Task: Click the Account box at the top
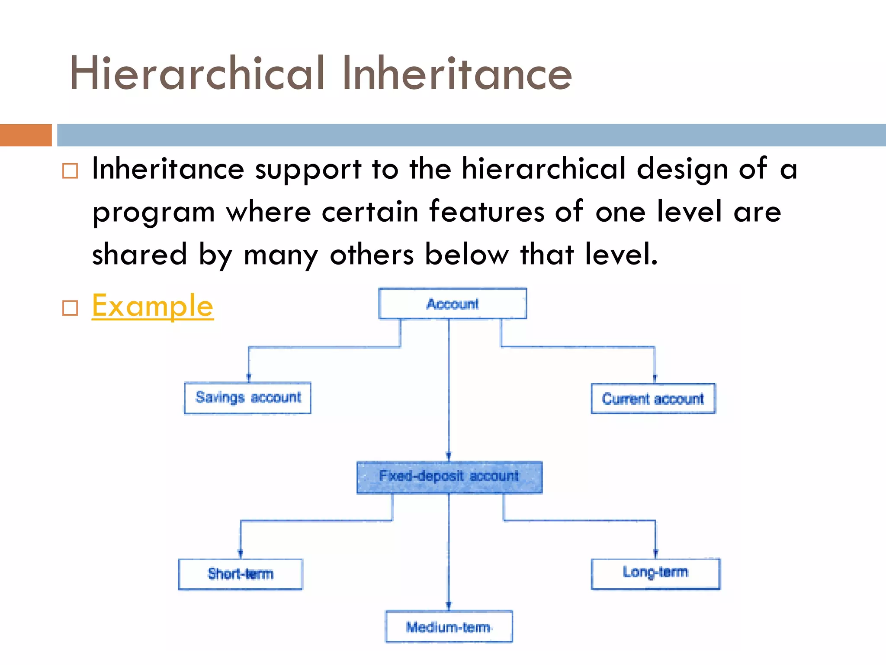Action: point(453,303)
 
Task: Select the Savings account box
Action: point(247,397)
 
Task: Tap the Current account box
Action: point(653,398)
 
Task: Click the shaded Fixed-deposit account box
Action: point(449,477)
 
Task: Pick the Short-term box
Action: point(241,574)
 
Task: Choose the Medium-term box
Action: point(449,626)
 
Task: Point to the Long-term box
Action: point(655,573)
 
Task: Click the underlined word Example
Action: point(153,306)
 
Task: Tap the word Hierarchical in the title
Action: point(197,74)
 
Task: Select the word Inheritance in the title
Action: point(457,74)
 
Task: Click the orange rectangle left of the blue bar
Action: point(26,135)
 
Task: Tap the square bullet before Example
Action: point(70,308)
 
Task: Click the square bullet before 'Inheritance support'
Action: point(70,171)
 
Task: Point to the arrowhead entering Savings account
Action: point(248,378)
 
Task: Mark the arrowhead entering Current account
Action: point(655,379)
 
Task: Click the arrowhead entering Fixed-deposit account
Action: point(449,457)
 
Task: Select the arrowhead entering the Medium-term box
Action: point(449,606)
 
